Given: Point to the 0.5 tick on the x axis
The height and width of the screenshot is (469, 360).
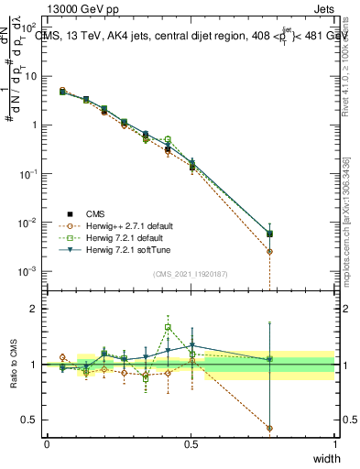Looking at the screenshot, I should coord(191,443).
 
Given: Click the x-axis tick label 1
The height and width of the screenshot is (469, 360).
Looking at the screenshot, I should coord(334,443).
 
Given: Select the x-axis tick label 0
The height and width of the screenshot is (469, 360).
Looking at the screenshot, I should coord(47,443).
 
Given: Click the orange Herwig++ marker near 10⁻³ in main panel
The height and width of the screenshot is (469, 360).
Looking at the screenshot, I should coord(269,278).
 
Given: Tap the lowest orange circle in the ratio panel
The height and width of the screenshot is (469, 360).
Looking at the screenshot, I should coord(269,428).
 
